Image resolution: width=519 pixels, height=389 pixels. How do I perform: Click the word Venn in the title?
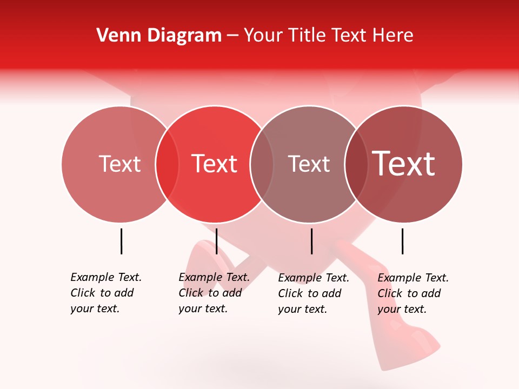114,36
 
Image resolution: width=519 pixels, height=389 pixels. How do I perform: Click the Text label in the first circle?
119,164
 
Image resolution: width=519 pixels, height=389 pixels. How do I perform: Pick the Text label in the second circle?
214,164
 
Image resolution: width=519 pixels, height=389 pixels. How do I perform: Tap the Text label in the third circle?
309,164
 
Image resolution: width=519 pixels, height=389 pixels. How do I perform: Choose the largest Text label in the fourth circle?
404,164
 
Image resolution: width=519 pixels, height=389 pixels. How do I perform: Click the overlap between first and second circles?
167,164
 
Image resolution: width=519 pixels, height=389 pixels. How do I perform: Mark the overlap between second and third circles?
262,164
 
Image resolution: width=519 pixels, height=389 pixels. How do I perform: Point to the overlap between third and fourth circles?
356,164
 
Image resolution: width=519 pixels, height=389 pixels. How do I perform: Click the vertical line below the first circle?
121,241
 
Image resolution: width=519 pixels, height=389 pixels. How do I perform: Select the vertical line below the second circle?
216,241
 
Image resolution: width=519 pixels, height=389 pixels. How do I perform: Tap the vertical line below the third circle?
311,241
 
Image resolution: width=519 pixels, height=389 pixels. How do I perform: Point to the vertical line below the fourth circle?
402,241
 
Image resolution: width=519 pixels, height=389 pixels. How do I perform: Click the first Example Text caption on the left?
106,293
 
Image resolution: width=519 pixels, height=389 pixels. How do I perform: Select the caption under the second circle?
214,293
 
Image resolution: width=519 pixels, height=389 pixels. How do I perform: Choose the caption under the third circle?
314,293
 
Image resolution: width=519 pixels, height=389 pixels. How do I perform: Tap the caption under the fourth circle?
413,293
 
